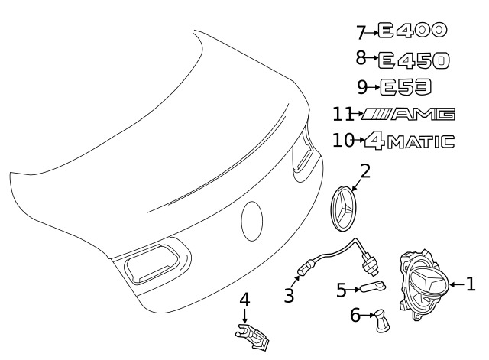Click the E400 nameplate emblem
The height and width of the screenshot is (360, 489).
[x=413, y=31]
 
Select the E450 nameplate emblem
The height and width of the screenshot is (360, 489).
[x=413, y=59]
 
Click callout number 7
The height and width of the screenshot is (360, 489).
[x=361, y=32]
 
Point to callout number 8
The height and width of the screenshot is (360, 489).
[x=361, y=58]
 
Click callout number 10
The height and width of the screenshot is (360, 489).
[x=342, y=141]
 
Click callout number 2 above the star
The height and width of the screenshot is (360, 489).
[x=365, y=171]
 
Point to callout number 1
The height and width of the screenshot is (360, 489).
[x=471, y=284]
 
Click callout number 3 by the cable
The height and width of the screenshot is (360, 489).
[x=289, y=295]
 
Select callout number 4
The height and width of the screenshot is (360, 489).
[x=244, y=299]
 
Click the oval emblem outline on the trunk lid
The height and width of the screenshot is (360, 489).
[x=253, y=221]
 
